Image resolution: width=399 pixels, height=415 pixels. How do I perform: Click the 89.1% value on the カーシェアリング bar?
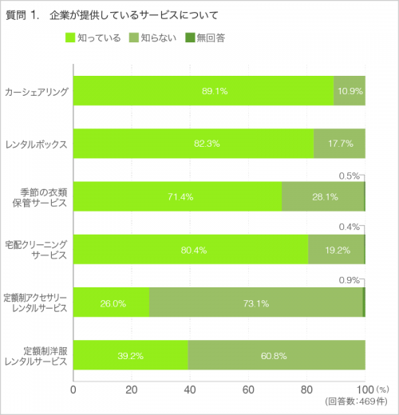click(x=215, y=91)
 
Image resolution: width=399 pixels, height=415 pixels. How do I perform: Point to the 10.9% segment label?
click(x=350, y=91)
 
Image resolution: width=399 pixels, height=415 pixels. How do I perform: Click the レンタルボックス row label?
click(x=36, y=144)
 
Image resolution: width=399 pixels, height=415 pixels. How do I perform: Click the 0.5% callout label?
click(x=349, y=176)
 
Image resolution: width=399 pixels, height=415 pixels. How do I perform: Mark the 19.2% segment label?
click(x=338, y=250)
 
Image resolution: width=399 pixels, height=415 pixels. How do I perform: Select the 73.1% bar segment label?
click(x=255, y=303)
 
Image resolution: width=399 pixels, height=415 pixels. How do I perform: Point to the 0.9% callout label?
click(x=349, y=280)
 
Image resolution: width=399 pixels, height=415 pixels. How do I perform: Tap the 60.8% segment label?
click(x=276, y=356)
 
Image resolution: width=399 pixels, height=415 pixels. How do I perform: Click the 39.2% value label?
click(x=132, y=356)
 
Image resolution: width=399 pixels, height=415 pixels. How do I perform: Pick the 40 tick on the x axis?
click(x=190, y=389)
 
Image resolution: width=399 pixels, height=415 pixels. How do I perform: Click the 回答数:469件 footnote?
click(x=356, y=401)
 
